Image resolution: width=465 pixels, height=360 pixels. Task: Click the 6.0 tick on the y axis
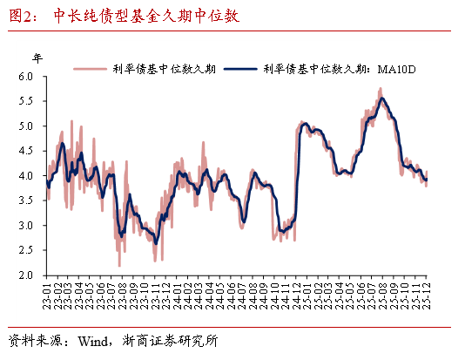[26, 77]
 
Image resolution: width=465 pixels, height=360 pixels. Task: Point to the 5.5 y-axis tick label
[26, 101]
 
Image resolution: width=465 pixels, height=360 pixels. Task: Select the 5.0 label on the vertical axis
[26, 126]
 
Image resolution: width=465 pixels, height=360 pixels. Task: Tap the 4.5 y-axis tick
[26, 151]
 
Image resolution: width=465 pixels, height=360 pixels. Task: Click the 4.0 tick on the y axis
[26, 176]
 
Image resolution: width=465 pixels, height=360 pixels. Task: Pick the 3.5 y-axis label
[26, 200]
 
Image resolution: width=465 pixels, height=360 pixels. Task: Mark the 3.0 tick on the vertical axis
[26, 226]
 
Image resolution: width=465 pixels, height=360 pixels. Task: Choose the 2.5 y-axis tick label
[26, 250]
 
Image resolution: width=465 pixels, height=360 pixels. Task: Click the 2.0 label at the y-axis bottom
[26, 275]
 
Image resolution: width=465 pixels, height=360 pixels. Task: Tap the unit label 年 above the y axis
[37, 58]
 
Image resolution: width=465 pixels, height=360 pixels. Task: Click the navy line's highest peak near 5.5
[381, 98]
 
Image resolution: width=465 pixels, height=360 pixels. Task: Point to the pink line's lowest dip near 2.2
[119, 265]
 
